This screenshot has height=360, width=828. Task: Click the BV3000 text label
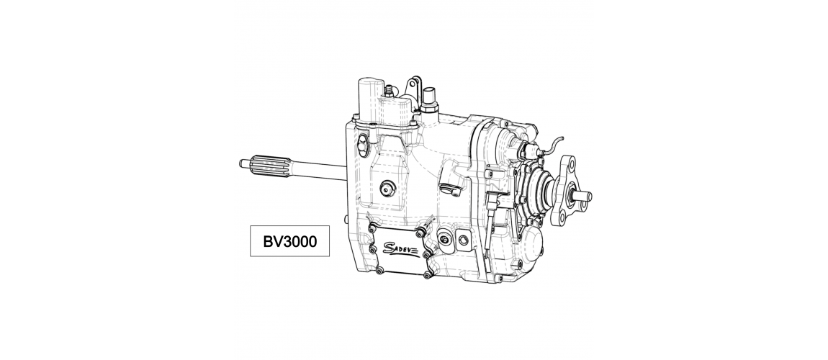point(290,242)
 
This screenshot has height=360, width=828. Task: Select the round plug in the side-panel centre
point(388,186)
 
